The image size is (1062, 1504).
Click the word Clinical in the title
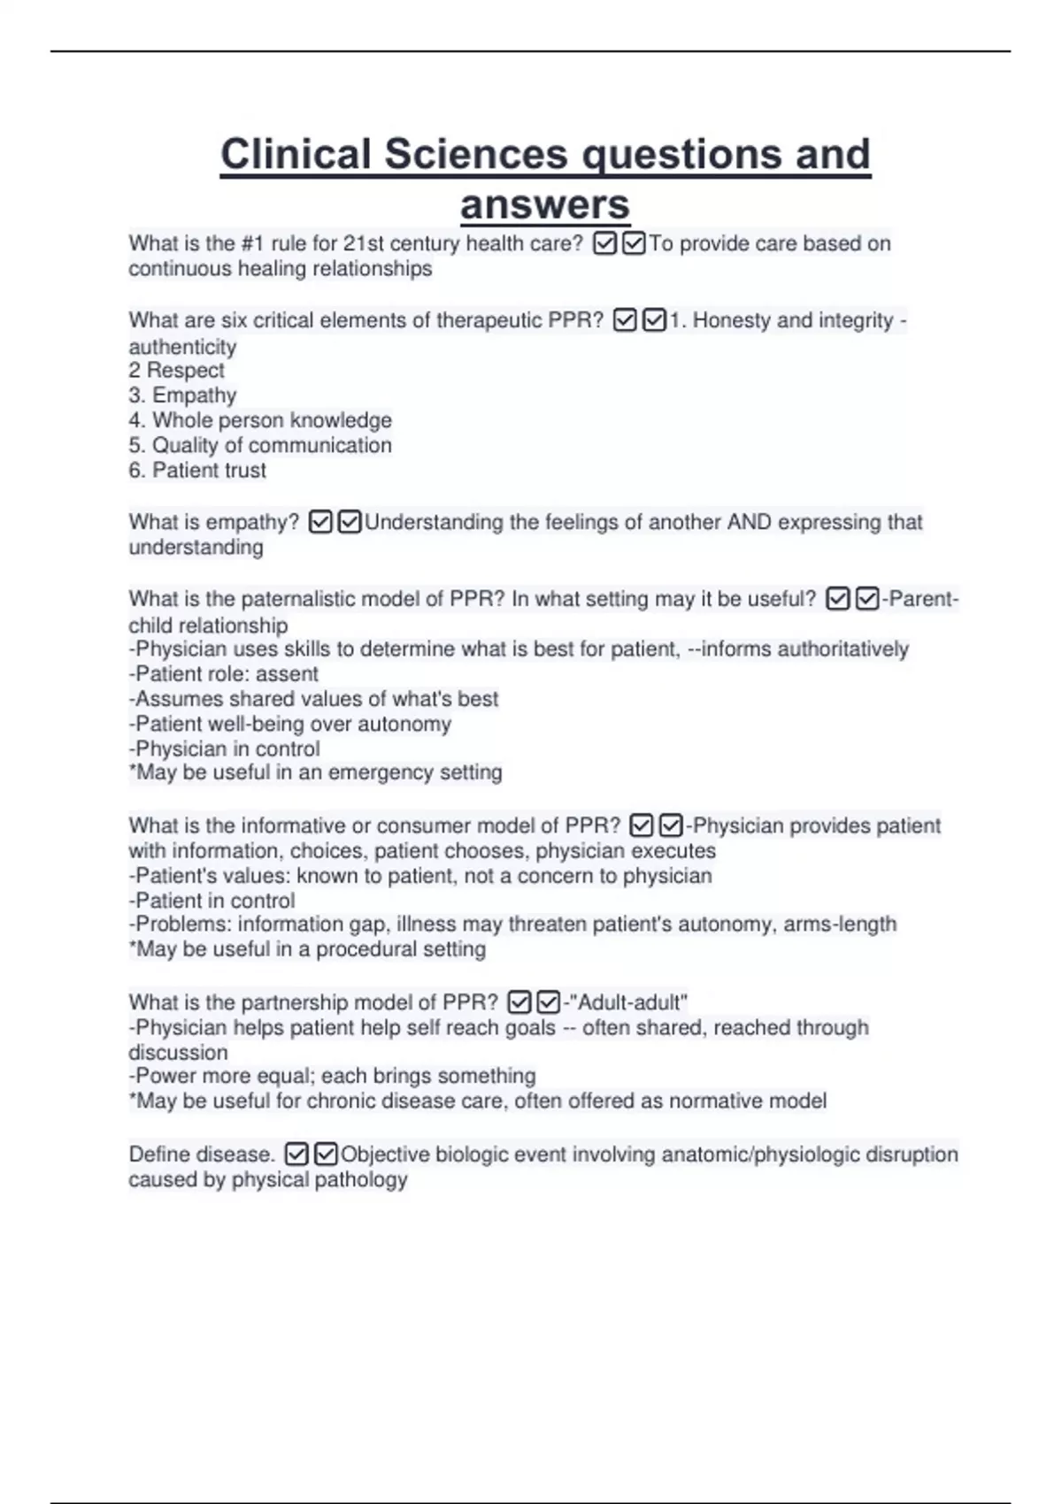click(296, 154)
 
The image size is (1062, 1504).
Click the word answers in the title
click(544, 205)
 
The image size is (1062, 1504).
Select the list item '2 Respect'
click(176, 370)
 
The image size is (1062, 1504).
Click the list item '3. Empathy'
click(182, 395)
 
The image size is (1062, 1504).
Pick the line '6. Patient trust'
click(196, 470)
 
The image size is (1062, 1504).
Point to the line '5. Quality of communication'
click(259, 445)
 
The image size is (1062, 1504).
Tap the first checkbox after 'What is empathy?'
click(320, 523)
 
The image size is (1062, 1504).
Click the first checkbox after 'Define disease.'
click(296, 1155)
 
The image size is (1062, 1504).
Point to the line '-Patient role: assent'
click(223, 673)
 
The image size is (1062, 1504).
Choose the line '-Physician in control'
click(224, 748)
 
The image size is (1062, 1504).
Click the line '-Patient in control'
click(212, 901)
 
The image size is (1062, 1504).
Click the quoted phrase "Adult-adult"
click(628, 1002)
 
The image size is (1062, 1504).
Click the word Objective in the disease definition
click(385, 1155)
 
